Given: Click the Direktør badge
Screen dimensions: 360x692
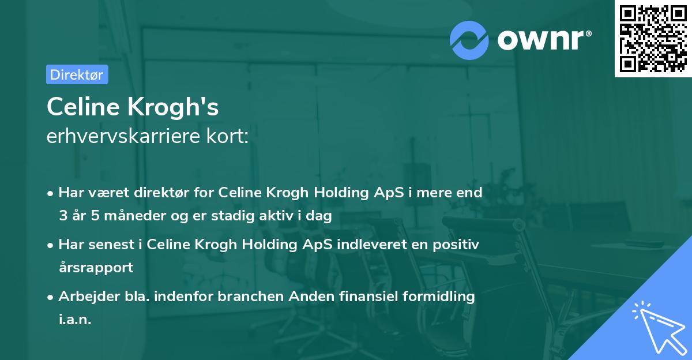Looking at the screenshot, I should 77,74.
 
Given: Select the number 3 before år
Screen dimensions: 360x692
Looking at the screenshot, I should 62,217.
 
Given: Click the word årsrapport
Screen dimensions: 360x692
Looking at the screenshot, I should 96,268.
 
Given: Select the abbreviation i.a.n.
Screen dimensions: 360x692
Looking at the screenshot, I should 75,320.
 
